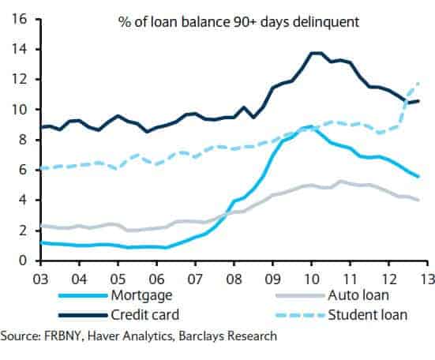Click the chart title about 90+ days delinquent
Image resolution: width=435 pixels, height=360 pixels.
click(238, 22)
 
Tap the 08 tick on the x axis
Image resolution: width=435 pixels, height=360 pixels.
click(234, 279)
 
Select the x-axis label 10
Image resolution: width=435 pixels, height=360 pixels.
click(312, 279)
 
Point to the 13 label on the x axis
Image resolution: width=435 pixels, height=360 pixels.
click(427, 279)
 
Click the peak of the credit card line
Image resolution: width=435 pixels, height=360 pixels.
click(314, 53)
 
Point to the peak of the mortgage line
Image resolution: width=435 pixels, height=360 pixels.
click(310, 126)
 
